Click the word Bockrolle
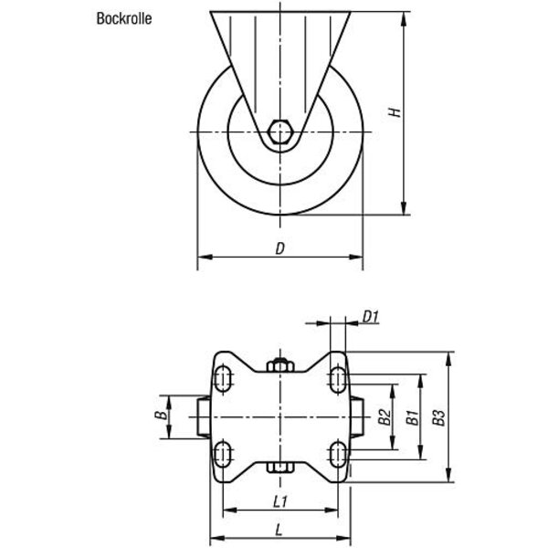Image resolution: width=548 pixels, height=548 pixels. tap(124, 18)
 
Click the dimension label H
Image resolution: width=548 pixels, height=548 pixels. tap(395, 112)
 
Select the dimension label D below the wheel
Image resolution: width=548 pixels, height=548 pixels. tap(280, 248)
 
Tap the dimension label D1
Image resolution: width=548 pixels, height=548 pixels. tap(371, 317)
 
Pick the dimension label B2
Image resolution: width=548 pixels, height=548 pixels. tap(385, 416)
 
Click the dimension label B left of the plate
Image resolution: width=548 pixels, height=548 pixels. tap(161, 415)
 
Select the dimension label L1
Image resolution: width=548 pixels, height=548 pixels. tap(280, 502)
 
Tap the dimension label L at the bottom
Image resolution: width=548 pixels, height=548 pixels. tap(279, 531)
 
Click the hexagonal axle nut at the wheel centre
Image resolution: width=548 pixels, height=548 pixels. tap(279, 132)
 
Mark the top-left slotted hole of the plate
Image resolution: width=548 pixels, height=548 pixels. tap(223, 378)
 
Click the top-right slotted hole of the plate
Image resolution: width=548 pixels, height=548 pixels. tap(338, 379)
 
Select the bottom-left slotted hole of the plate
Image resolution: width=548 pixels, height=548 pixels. tap(222, 454)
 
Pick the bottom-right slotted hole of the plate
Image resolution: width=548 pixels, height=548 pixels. tap(338, 454)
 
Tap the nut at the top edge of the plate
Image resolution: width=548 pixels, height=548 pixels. tap(280, 364)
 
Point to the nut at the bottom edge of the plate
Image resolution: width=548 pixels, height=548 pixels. tap(280, 468)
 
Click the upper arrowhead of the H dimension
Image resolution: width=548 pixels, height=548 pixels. tap(404, 18)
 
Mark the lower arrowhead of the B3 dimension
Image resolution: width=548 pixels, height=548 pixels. tap(449, 475)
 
